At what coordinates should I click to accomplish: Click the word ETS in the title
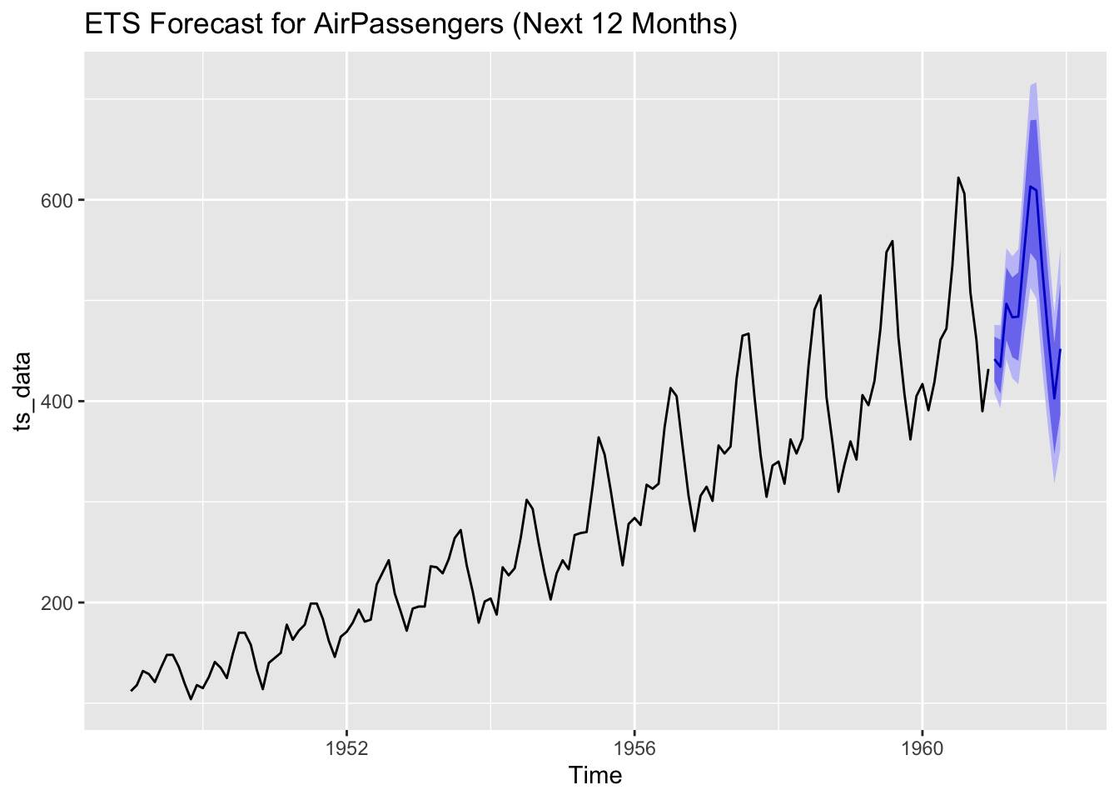tap(112, 25)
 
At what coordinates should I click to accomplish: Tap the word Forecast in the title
tap(206, 25)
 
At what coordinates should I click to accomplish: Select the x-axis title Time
tap(594, 776)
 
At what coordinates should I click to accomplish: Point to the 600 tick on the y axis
tap(59, 200)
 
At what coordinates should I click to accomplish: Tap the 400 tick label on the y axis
tap(59, 402)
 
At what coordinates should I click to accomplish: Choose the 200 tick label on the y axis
tap(59, 602)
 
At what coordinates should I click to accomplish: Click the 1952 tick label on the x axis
tap(347, 747)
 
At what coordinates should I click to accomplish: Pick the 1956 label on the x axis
tap(634, 747)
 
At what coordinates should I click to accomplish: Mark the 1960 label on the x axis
tap(922, 747)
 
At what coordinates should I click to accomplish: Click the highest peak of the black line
tap(958, 177)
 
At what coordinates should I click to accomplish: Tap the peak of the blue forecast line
tap(1031, 187)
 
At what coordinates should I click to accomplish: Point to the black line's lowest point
tap(191, 699)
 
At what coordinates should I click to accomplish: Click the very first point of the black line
tap(131, 690)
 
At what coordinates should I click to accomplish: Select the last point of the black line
tap(988, 369)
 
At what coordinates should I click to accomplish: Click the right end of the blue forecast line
tap(1060, 350)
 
